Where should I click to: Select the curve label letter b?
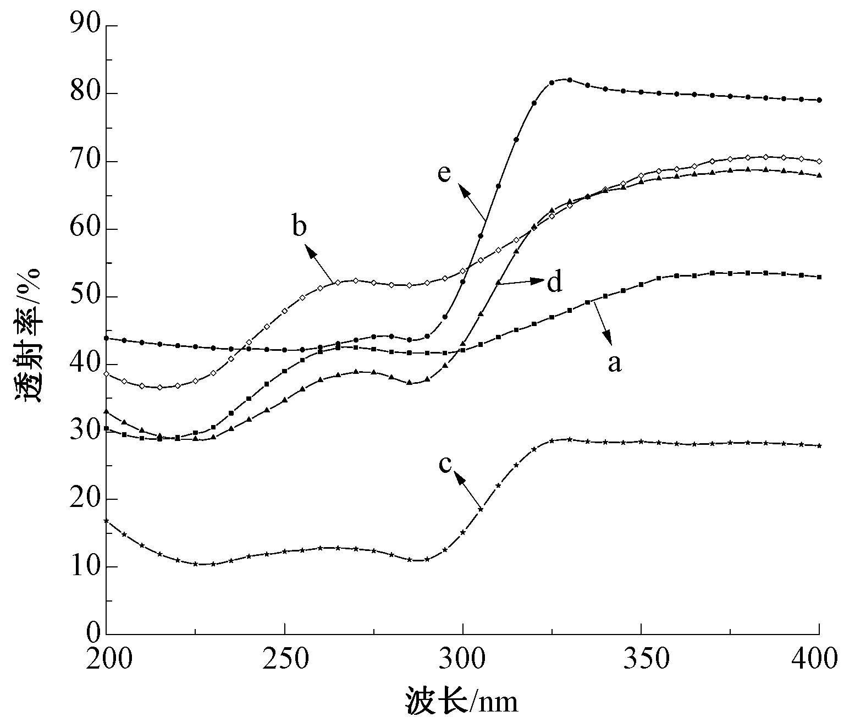tap(299, 226)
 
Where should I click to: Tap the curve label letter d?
tap(554, 282)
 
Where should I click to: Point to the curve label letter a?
tap(614, 363)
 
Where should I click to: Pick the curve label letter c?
tap(445, 464)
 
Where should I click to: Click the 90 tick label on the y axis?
tap(84, 26)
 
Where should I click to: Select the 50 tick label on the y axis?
tap(84, 297)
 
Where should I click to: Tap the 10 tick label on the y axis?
tap(84, 567)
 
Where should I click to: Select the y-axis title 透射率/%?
tap(28, 336)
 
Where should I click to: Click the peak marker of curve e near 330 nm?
tap(570, 80)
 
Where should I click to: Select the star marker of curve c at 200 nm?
tap(106, 520)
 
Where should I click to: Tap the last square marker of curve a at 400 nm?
tap(819, 277)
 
